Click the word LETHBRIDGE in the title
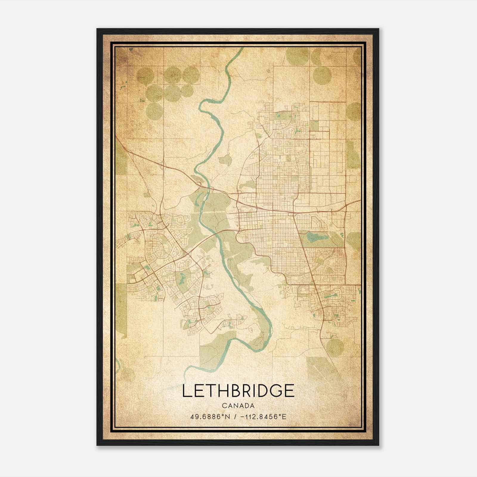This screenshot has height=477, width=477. [x=238, y=391]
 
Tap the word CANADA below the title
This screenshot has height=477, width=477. [x=238, y=406]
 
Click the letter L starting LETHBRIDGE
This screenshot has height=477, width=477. [x=186, y=391]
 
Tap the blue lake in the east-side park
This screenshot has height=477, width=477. [x=313, y=237]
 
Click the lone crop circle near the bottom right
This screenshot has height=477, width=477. [x=335, y=347]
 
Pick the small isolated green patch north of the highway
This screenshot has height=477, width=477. [x=225, y=160]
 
